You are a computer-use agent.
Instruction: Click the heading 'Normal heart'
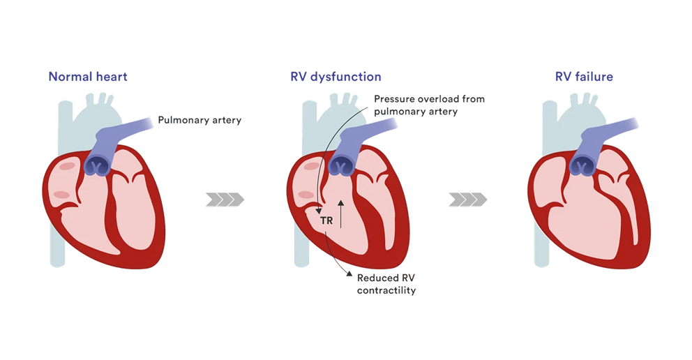[x=88, y=77]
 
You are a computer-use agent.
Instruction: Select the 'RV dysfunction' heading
[x=336, y=77]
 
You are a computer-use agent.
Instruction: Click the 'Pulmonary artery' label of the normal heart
[x=200, y=120]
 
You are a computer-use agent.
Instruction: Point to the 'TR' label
[x=326, y=221]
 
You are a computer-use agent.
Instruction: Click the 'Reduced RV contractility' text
[x=386, y=283]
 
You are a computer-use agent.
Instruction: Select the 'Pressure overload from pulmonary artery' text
[x=429, y=105]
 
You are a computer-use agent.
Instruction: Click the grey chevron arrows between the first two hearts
[x=225, y=200]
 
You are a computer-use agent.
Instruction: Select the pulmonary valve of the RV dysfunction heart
[x=342, y=166]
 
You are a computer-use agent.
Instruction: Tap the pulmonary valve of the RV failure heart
[x=583, y=166]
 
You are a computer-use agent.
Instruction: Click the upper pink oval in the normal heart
[x=67, y=166]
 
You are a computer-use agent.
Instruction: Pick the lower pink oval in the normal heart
[x=61, y=195]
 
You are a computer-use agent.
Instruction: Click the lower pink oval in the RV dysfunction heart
[x=305, y=195]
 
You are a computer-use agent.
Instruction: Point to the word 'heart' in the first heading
[x=112, y=77]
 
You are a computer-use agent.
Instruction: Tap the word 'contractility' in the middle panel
[x=386, y=290]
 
